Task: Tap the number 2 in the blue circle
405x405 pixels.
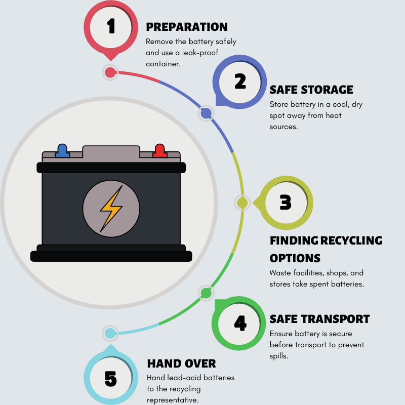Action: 239,81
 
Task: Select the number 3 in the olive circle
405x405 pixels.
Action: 286,202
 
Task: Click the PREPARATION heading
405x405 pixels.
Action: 187,27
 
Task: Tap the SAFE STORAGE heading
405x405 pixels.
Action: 311,90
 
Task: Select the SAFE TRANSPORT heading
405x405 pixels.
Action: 319,319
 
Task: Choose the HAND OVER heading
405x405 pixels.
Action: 181,363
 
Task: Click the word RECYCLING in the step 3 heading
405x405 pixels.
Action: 351,240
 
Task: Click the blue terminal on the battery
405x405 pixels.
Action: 62,150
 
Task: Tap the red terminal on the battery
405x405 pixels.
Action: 160,150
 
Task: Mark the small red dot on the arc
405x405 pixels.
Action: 110,72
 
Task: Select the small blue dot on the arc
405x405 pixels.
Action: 206,113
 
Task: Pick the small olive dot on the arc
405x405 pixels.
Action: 242,203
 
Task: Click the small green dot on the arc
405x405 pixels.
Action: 206,293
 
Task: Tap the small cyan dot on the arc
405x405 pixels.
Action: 110,333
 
